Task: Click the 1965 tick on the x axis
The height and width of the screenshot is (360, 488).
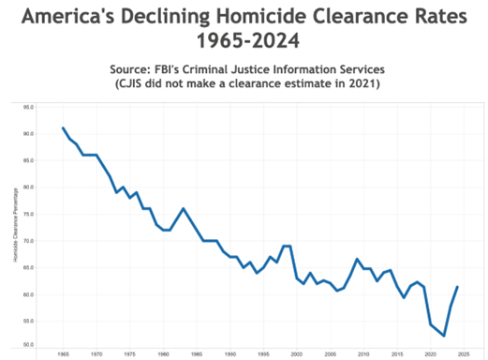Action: click(64, 354)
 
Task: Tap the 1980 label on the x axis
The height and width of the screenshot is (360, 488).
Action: click(164, 354)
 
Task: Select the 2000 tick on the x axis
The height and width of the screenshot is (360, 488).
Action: click(297, 354)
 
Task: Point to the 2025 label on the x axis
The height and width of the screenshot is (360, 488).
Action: click(464, 354)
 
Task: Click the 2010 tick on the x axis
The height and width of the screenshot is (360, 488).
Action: click(363, 354)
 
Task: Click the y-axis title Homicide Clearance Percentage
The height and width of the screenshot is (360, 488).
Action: click(17, 225)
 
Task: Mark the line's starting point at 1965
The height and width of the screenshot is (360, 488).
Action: click(64, 128)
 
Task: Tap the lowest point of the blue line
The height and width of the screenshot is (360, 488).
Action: click(444, 336)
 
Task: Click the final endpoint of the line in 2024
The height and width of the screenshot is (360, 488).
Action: click(457, 287)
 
